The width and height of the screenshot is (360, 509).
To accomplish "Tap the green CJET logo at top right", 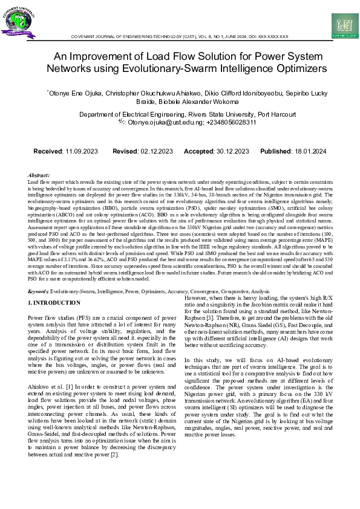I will pyautogui.click(x=345, y=25).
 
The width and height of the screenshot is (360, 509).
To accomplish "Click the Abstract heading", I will pyautogui.click(x=39, y=174).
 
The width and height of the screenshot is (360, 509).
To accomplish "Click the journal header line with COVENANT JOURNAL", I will pyautogui.click(x=180, y=37).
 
